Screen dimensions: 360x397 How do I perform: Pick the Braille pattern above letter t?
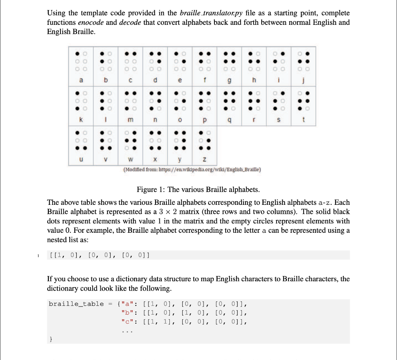tap(304, 100)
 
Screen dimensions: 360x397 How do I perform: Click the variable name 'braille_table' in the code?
tap(76, 304)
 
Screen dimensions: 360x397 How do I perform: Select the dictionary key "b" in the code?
tap(127, 313)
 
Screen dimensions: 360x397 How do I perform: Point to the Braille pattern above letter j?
tap(304, 61)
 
